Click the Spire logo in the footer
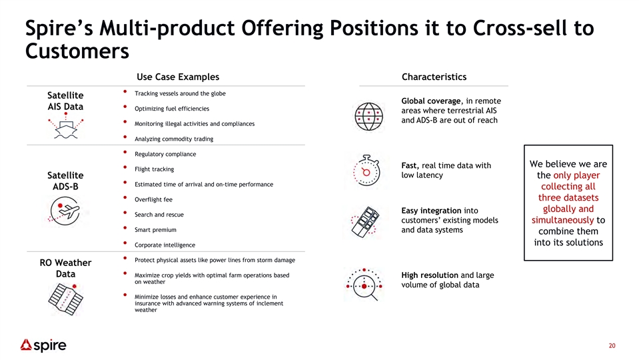[43, 345]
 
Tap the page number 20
[612, 346]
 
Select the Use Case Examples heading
[178, 77]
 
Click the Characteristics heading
[434, 77]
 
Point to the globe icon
[369, 117]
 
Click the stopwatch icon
[366, 171]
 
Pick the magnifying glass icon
[364, 285]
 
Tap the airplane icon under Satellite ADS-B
[65, 211]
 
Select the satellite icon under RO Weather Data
[65, 299]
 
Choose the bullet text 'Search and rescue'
[159, 215]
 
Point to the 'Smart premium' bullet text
[156, 229]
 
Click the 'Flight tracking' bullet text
[155, 169]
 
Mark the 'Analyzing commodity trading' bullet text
[174, 139]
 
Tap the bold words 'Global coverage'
[431, 101]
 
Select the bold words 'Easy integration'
[431, 211]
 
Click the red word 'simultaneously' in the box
[562, 220]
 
